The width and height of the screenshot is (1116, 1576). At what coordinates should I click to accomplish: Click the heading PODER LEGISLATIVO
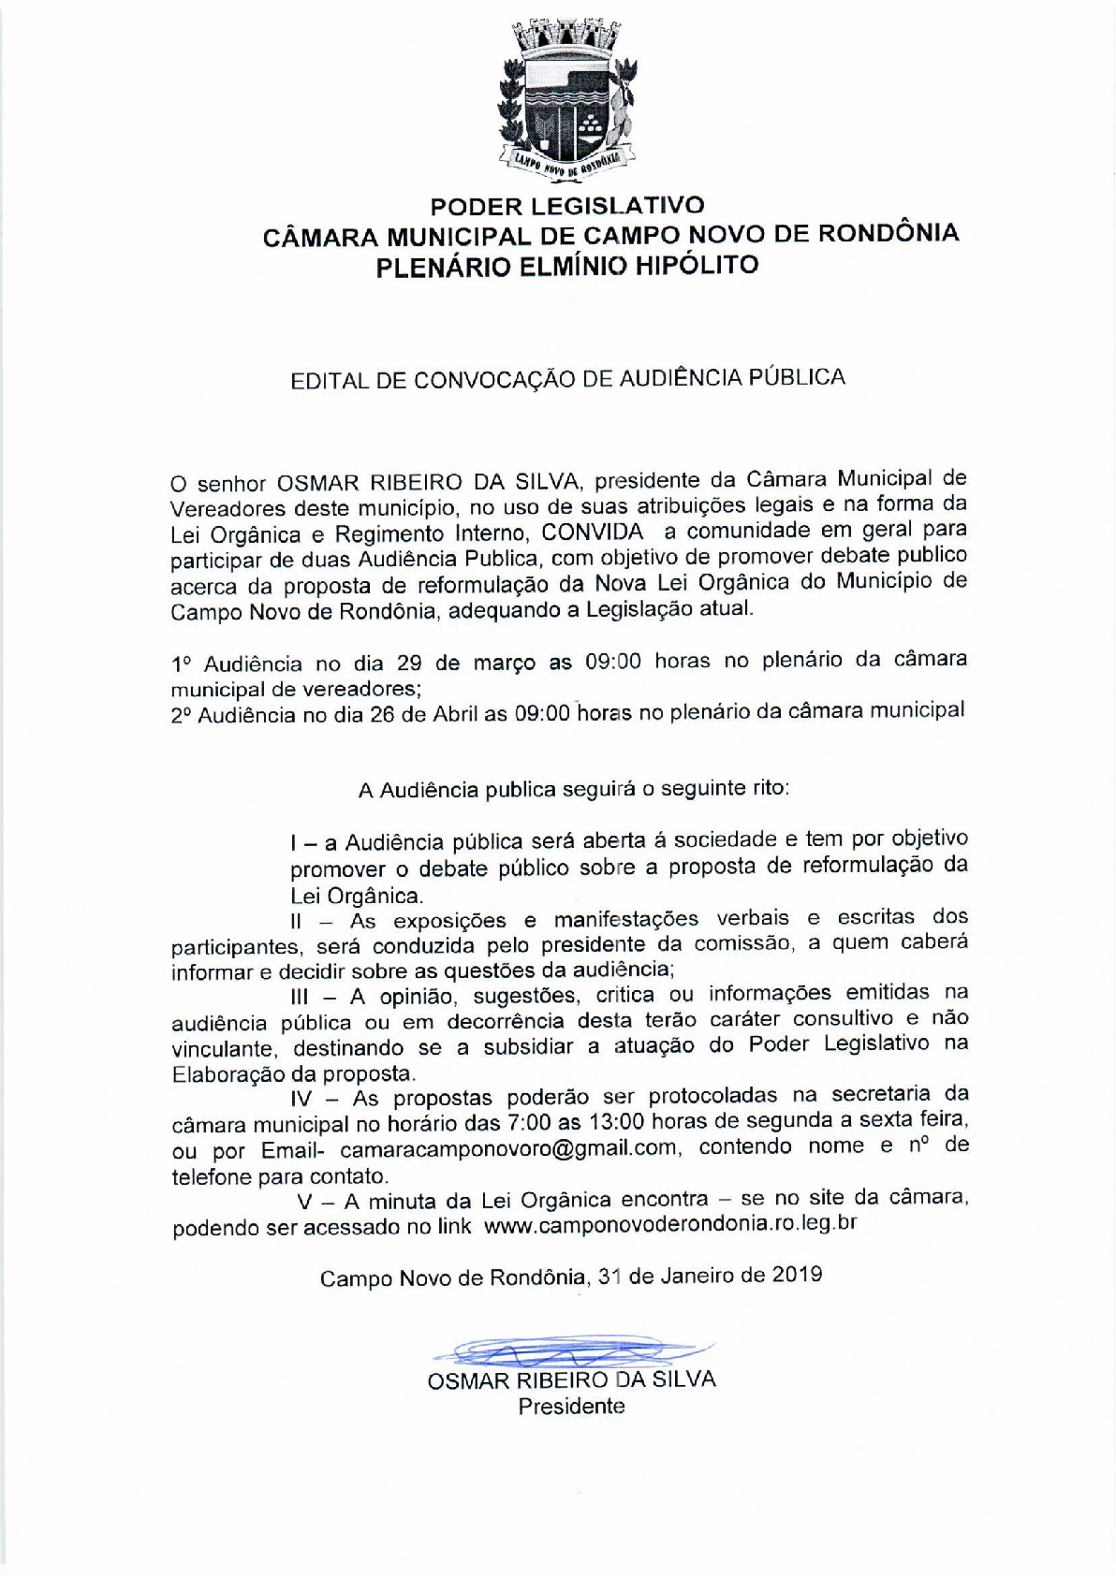point(567,205)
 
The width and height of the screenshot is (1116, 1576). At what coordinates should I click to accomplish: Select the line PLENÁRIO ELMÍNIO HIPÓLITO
point(566,266)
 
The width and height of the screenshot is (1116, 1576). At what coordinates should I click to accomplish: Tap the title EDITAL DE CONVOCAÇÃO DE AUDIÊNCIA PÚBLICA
point(568,378)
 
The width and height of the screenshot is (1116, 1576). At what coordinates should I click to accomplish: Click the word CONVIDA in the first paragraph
point(593,532)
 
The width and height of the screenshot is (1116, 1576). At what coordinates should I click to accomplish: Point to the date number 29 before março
point(409,664)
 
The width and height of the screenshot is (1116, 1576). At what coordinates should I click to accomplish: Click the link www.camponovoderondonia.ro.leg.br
point(670,1224)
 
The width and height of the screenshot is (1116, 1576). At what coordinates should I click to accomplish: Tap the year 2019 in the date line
point(798,1275)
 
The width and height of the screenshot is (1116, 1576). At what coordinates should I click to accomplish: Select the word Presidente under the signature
point(572,1406)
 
